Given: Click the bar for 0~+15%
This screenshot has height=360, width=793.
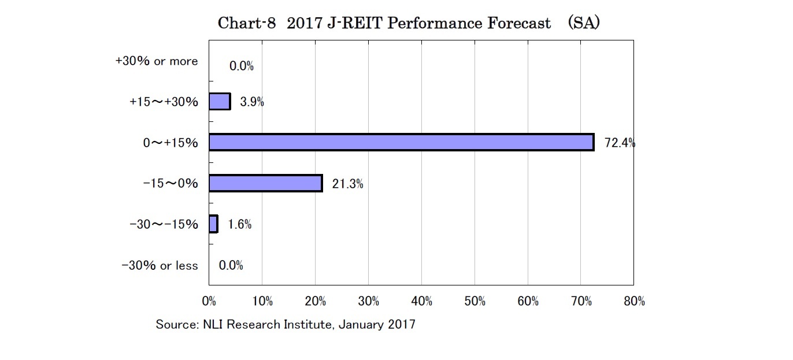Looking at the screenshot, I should tap(401, 142).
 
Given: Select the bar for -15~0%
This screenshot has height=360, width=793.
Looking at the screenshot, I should tap(265, 183).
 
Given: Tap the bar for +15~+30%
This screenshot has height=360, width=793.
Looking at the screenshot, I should tap(220, 102).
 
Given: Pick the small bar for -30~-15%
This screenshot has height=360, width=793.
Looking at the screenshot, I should tap(213, 224).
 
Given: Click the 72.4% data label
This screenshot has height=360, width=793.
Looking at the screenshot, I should tap(620, 143).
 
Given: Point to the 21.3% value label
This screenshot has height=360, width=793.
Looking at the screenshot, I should tap(347, 184).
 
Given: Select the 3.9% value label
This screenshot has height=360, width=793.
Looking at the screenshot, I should tap(252, 102).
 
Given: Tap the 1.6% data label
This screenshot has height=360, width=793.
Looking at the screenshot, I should tap(239, 224).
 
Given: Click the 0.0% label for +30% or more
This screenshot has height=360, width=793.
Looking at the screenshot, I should tap(242, 66).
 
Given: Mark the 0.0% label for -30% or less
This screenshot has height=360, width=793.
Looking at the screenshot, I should tap(231, 266).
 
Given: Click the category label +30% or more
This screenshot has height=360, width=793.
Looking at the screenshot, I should tap(156, 61).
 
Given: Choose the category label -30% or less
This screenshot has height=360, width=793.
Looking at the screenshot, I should tap(160, 266).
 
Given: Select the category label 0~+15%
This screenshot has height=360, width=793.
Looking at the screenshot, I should tap(171, 143).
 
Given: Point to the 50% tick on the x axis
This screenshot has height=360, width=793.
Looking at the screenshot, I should tap(475, 301).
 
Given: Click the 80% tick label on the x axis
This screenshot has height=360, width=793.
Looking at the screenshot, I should tap(634, 301).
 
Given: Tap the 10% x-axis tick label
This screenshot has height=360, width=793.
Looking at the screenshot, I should tap(262, 301).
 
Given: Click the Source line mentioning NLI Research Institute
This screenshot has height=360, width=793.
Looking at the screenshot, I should tap(286, 325).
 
